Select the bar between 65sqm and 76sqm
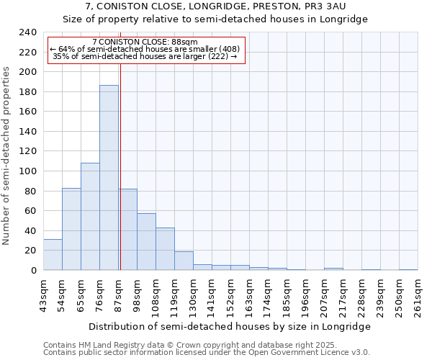point(90,217)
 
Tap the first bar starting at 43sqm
point(53,255)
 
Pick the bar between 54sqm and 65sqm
point(71,229)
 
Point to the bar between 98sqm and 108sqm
point(146,242)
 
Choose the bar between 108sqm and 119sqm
point(165,249)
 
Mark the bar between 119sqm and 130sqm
point(184,261)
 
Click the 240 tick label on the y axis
point(28,32)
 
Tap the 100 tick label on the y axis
point(28,171)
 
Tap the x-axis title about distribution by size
point(229,326)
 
